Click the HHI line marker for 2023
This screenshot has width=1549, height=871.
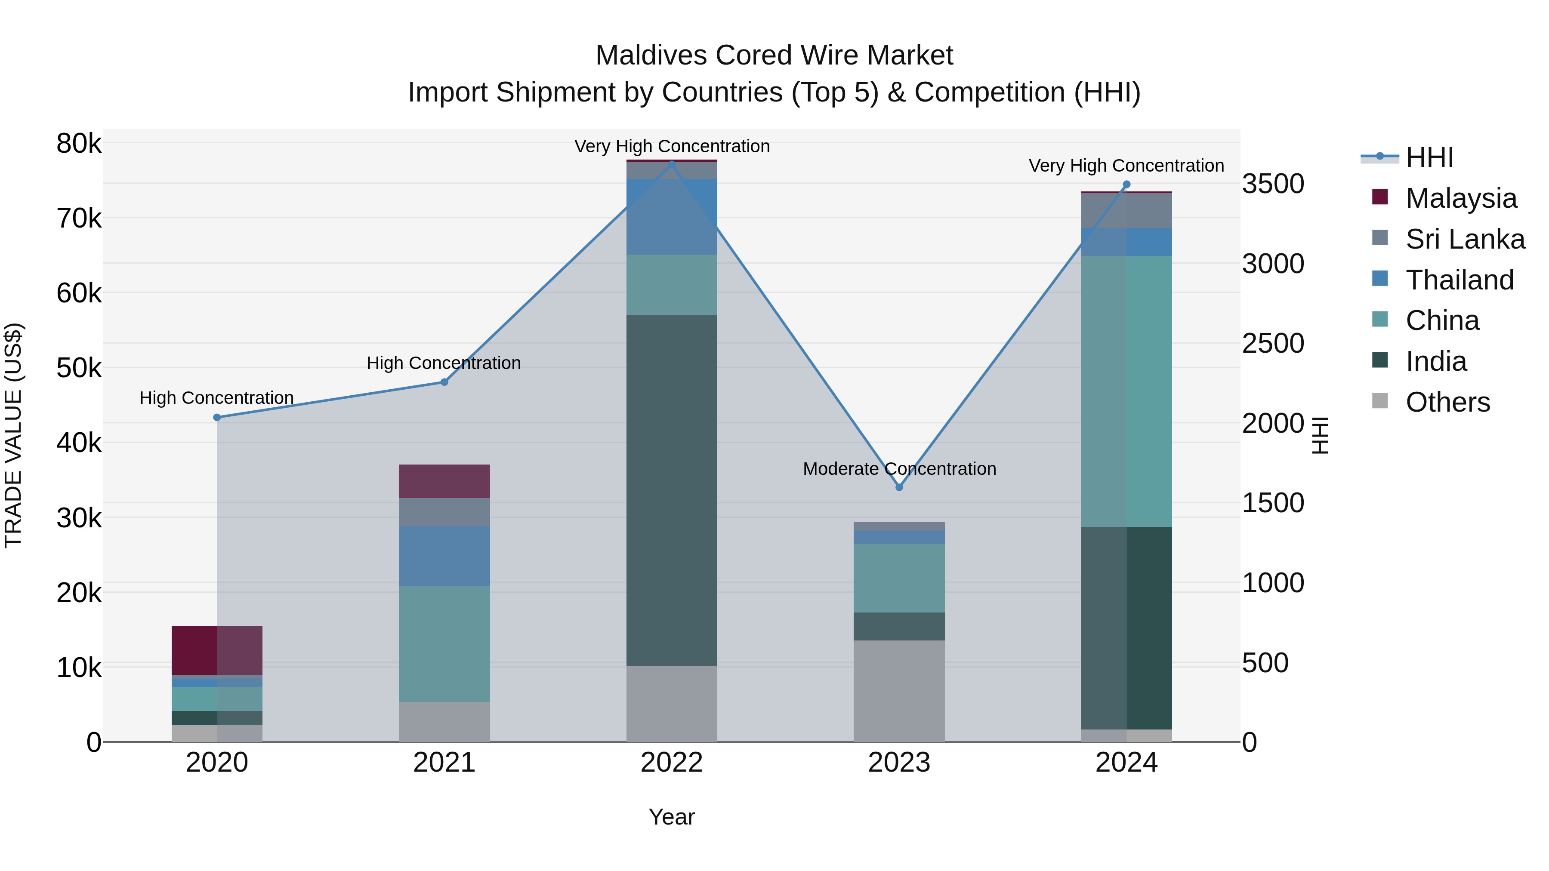click(899, 487)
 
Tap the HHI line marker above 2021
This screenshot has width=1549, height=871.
click(444, 382)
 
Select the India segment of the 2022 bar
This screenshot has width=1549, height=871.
click(672, 490)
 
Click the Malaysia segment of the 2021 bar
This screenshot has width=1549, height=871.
click(444, 481)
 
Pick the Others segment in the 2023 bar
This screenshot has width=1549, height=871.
click(899, 691)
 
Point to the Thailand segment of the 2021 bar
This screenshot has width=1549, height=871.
click(444, 556)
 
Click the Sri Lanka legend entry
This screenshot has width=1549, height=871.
click(1465, 239)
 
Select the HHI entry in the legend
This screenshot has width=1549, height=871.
click(1429, 157)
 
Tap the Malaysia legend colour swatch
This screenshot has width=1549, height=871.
click(1380, 197)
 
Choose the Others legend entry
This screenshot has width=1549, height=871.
click(1447, 402)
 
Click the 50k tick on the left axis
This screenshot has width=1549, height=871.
click(79, 368)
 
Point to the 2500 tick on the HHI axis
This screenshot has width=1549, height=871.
click(1273, 344)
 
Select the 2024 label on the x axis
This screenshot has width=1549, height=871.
click(1126, 763)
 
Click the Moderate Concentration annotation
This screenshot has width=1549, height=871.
click(899, 469)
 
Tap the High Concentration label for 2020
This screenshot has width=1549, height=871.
click(216, 398)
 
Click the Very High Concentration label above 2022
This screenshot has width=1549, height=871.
click(672, 146)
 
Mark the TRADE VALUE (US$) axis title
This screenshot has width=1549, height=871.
click(13, 435)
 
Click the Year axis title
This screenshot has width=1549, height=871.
click(672, 817)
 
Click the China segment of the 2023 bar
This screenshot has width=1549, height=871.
click(899, 578)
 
